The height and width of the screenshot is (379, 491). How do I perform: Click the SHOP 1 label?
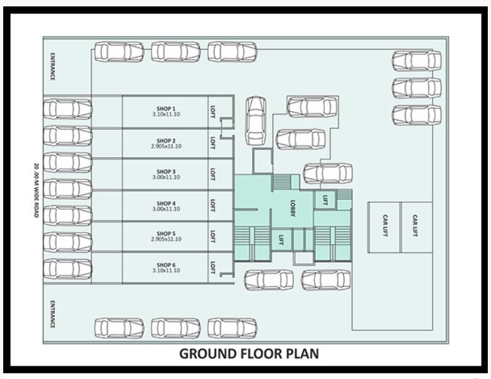click(x=166, y=109)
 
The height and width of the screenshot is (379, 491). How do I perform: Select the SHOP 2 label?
click(x=166, y=140)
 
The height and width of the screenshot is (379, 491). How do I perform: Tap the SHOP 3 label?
click(x=166, y=171)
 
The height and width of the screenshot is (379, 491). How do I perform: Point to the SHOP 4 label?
click(x=166, y=203)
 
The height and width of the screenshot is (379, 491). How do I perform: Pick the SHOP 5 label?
click(x=166, y=233)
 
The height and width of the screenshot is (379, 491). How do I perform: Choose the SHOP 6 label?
click(x=166, y=265)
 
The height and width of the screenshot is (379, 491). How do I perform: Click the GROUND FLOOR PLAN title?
click(x=249, y=353)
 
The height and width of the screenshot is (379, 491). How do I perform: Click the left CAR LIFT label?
click(x=385, y=226)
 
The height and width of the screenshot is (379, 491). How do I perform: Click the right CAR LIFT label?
click(x=415, y=226)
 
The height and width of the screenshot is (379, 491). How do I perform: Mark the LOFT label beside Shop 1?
click(x=213, y=111)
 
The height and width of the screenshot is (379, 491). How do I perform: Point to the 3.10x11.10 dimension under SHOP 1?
click(x=166, y=114)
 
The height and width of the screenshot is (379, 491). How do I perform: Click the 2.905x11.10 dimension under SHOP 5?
click(x=166, y=239)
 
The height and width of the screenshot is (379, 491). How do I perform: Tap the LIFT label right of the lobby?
click(x=325, y=199)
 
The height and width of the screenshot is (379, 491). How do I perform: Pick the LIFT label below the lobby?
click(x=281, y=240)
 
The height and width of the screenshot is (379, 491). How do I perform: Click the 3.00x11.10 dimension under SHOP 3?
click(x=166, y=177)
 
